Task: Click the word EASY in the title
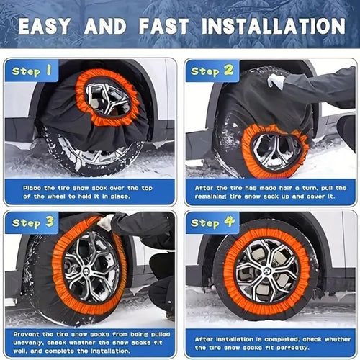(50, 27)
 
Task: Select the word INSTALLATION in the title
(276, 27)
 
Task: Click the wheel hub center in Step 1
(108, 96)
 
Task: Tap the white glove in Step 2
(276, 81)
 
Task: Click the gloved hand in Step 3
(106, 223)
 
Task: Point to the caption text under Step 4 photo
(270, 343)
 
